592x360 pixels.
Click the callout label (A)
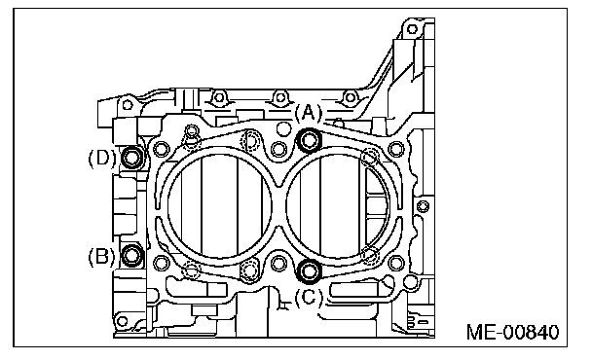[x=309, y=113]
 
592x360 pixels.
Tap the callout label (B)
[x=102, y=256]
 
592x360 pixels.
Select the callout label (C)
[x=309, y=298]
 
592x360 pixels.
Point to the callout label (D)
[x=102, y=158]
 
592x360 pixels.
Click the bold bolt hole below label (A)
[x=310, y=141]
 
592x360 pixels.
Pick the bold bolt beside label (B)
[x=131, y=255]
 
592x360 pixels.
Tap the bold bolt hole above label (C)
[x=310, y=270]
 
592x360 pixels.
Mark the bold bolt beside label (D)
[x=131, y=158]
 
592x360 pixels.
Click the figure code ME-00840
[x=513, y=332]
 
